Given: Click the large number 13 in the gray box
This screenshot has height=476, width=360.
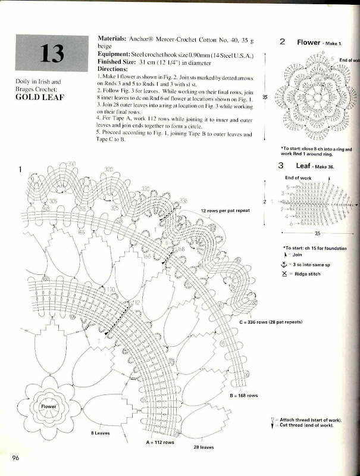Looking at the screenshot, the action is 51,54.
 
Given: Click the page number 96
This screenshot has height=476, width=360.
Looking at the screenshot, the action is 16,458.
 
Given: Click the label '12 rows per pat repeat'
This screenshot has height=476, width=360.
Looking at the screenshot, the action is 225,211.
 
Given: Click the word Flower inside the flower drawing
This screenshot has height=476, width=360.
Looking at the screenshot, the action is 48,406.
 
